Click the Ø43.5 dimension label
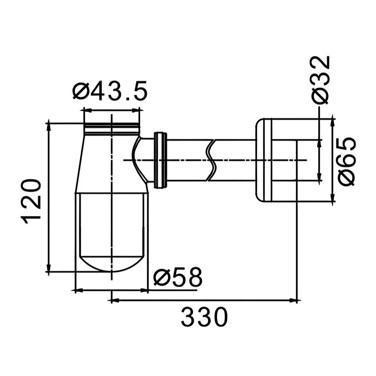click(x=110, y=91)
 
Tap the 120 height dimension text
click(x=31, y=201)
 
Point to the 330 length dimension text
click(x=204, y=317)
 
